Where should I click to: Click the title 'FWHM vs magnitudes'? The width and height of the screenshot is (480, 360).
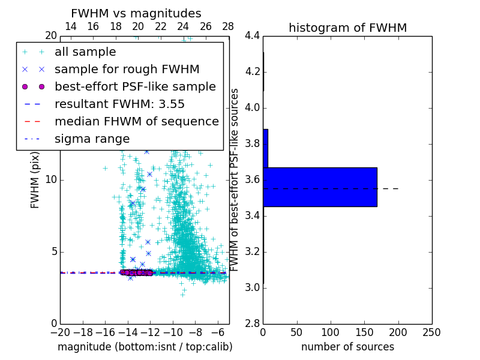(x=136, y=13)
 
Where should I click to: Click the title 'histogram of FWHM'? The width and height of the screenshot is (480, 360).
(x=347, y=28)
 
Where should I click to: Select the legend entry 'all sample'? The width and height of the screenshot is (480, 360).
(x=85, y=52)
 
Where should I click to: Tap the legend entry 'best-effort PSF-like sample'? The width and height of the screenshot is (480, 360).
(x=135, y=86)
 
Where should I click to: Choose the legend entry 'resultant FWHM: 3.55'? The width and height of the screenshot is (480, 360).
(x=119, y=104)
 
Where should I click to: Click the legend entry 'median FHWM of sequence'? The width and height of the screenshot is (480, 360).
(x=136, y=121)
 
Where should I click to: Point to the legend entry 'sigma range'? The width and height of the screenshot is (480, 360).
(x=92, y=139)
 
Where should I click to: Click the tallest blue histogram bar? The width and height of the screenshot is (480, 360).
(x=320, y=187)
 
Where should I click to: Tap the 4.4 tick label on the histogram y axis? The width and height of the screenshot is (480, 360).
(x=251, y=36)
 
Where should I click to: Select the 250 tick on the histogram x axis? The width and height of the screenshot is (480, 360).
(x=431, y=332)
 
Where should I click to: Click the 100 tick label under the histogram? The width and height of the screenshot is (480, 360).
(x=331, y=332)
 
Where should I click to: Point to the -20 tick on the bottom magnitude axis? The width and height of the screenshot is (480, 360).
(x=60, y=332)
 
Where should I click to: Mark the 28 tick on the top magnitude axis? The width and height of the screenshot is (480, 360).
(x=229, y=26)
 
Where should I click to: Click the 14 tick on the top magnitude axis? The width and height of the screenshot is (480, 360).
(x=70, y=26)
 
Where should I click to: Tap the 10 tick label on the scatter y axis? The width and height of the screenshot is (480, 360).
(x=51, y=180)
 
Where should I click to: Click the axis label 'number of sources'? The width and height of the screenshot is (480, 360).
(x=347, y=347)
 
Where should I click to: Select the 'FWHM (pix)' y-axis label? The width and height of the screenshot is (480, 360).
(x=35, y=179)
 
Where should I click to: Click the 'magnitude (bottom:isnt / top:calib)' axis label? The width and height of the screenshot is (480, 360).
(x=145, y=347)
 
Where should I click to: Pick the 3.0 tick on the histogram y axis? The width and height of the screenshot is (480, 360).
(x=251, y=288)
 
